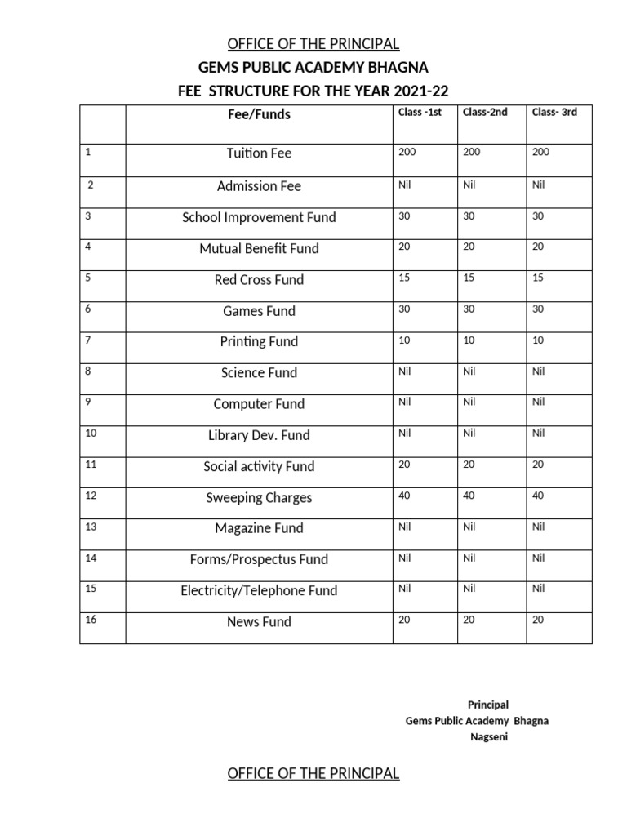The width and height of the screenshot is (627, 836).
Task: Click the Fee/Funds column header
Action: click(259, 115)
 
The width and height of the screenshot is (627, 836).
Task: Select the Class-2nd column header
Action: click(485, 113)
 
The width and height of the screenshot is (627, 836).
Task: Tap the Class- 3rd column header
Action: click(554, 113)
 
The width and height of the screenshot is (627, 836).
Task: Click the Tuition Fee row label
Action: click(259, 153)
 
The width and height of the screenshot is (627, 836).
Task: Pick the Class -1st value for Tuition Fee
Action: click(407, 152)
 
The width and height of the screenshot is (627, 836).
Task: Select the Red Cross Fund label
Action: click(259, 280)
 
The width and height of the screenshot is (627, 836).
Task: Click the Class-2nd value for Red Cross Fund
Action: click(470, 278)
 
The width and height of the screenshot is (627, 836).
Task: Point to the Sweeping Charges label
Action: click(259, 498)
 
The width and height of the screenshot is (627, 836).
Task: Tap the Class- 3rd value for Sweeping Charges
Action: click(539, 496)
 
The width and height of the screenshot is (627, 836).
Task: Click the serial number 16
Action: click(91, 620)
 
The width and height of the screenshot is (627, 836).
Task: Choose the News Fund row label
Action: click(259, 622)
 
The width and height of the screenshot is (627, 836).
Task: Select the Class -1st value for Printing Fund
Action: click(404, 340)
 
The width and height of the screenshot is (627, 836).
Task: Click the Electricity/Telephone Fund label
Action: click(259, 591)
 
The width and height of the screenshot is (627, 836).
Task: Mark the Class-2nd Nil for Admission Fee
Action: click(469, 185)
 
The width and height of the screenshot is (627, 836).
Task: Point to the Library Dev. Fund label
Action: click(259, 436)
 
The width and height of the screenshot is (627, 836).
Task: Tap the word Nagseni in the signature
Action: click(488, 738)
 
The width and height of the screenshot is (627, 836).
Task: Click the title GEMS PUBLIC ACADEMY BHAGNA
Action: click(313, 67)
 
